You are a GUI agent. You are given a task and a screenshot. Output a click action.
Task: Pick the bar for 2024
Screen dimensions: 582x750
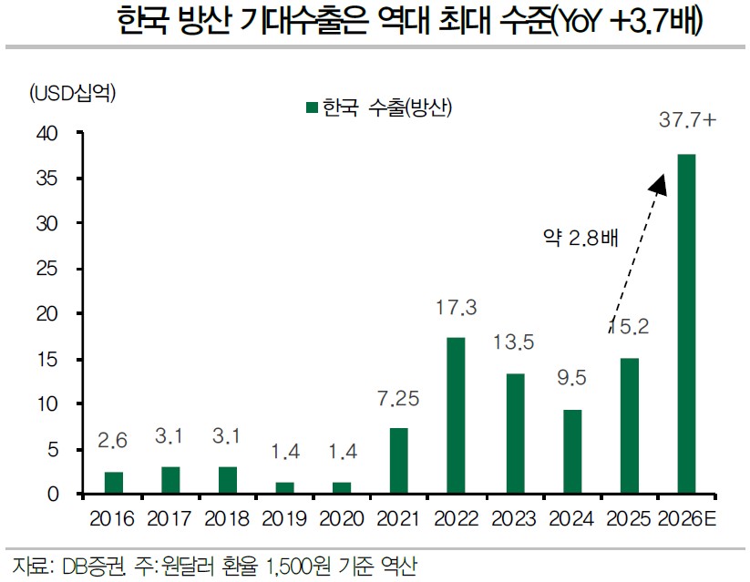tap(571, 452)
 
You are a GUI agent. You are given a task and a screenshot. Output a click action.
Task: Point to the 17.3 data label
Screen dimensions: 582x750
tap(456, 309)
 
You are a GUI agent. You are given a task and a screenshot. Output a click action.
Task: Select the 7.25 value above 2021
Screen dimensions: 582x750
tap(398, 400)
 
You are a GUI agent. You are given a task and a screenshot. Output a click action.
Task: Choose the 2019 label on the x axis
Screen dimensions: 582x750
tap(283, 519)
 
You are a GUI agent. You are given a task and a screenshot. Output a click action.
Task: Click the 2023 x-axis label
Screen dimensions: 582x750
tap(513, 519)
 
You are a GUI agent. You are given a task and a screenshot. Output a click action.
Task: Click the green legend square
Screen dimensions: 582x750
tap(312, 108)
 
